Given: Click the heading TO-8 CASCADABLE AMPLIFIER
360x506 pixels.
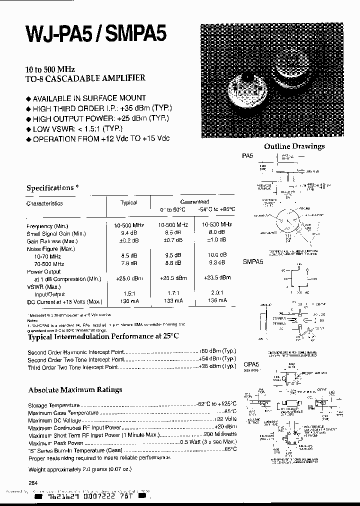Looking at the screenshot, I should [85, 78].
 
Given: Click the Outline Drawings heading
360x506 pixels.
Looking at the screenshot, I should [294, 146].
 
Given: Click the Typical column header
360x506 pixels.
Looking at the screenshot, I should [128, 202].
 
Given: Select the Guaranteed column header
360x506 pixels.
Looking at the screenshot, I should [194, 201].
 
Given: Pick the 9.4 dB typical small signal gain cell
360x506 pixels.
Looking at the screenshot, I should [128, 233].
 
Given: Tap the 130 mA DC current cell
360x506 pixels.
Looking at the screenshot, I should [128, 301].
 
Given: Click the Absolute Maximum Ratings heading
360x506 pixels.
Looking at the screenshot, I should [75, 389].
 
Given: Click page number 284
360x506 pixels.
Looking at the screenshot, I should [33, 483].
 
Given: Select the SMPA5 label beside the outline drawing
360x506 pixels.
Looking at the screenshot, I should [253, 261].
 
